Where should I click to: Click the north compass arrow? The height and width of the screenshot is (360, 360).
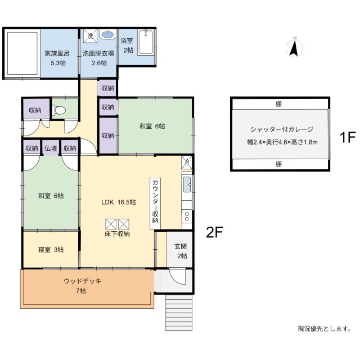point(294,49)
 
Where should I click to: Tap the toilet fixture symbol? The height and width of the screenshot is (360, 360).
point(58,110)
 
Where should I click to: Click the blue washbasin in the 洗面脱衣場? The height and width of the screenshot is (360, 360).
point(107,35)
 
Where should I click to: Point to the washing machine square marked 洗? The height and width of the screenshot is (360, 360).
point(90,36)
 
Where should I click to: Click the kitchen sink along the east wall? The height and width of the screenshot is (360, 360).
point(187,185)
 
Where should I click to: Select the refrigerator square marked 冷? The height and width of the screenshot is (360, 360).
point(187,162)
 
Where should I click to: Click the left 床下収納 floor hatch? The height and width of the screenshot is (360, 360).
point(111,224)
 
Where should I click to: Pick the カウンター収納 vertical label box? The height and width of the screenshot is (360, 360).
point(155,204)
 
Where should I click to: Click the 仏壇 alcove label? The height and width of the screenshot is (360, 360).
point(51,148)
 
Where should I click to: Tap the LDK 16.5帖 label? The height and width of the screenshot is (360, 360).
point(119,202)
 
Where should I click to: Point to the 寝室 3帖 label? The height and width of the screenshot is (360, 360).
point(51,250)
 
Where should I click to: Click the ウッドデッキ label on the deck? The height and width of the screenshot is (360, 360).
point(83,281)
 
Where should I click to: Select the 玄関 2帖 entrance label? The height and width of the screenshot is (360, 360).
point(181,251)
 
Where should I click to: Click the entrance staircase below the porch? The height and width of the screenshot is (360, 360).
point(179,313)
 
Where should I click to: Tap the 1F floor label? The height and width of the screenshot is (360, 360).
point(348,137)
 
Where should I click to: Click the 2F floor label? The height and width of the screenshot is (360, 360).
point(214,232)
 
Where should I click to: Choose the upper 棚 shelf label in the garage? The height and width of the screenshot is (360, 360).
point(278,104)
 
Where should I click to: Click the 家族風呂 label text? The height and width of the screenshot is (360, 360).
point(57,53)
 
